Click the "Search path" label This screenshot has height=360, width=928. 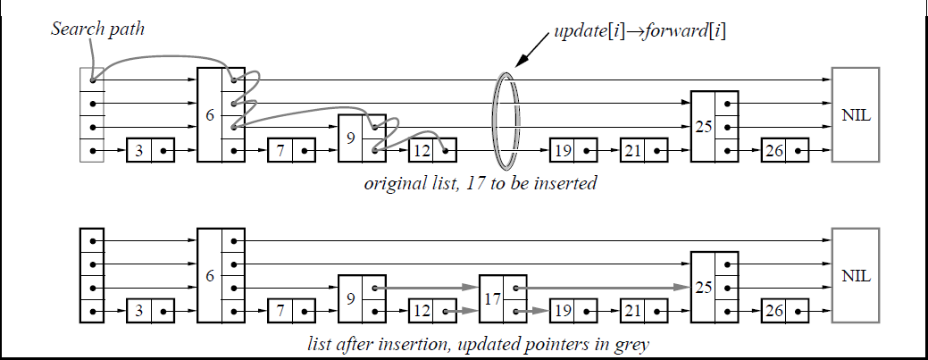(x=97, y=29)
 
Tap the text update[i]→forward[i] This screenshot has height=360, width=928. (x=640, y=30)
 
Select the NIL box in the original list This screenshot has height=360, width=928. (x=855, y=114)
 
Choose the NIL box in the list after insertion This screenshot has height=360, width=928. (x=855, y=275)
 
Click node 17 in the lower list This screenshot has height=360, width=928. (x=503, y=299)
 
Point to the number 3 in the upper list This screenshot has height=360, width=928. (x=139, y=150)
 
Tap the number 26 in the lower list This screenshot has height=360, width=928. (x=774, y=311)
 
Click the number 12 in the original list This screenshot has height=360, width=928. (x=422, y=150)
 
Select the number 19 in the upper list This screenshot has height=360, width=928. (x=563, y=150)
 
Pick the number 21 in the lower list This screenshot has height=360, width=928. (x=633, y=311)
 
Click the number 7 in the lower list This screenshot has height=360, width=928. (x=280, y=311)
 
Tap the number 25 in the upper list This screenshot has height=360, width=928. (x=704, y=126)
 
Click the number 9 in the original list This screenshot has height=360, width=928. (x=351, y=138)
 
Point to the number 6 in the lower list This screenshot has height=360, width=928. (x=210, y=276)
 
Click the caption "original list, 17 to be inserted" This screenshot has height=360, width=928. (x=480, y=183)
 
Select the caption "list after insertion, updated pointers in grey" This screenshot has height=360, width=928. (x=478, y=344)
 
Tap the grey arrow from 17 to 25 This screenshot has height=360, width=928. (x=603, y=287)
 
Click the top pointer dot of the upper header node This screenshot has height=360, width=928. (x=93, y=80)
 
